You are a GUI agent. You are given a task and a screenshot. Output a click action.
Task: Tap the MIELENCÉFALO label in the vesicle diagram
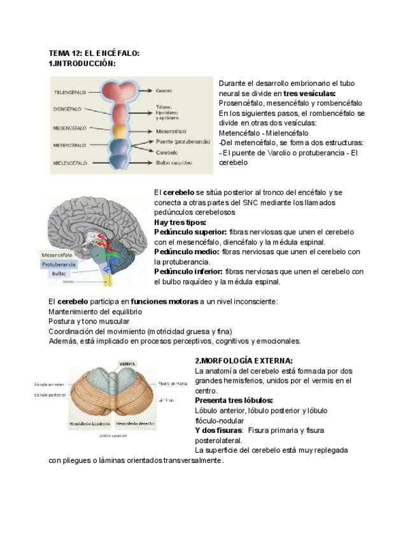pyautogui.click(x=69, y=163)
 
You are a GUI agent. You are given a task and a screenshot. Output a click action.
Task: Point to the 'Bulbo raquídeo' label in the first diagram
pyautogui.click(x=173, y=163)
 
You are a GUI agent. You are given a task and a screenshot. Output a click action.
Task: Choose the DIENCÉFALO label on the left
pyautogui.click(x=69, y=109)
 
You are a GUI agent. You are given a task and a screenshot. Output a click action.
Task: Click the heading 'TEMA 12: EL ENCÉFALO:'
pyautogui.click(x=94, y=53)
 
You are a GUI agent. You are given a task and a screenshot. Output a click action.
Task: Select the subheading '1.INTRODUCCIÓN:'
pyautogui.click(x=82, y=63)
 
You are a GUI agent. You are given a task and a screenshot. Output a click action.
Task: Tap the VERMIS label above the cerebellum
pyautogui.click(x=127, y=364)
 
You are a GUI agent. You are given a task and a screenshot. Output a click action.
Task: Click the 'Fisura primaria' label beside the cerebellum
pyautogui.click(x=173, y=383)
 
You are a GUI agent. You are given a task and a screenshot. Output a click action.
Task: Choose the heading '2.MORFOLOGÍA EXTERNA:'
pyautogui.click(x=244, y=360)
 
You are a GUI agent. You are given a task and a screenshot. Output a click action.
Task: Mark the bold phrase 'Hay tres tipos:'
pyautogui.click(x=180, y=222)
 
